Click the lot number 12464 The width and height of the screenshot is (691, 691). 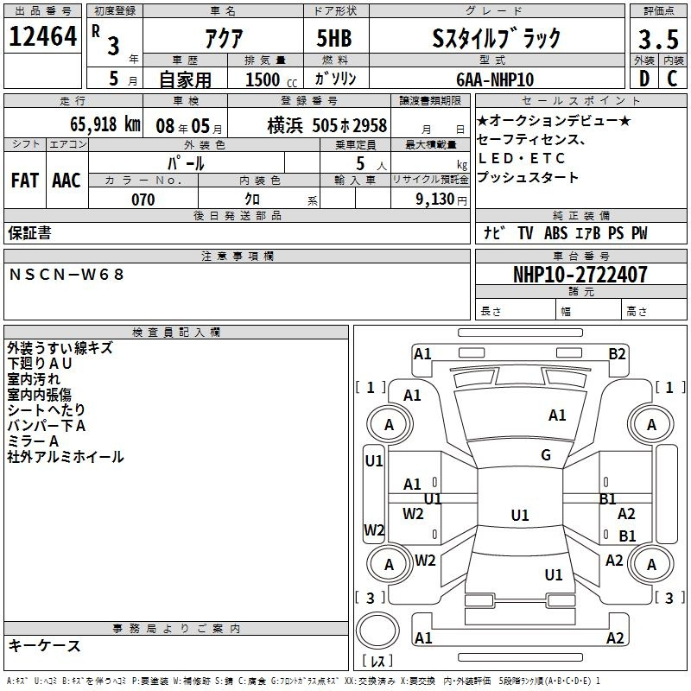click(43, 37)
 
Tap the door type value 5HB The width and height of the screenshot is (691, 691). click(333, 38)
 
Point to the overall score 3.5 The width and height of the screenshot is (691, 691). click(656, 40)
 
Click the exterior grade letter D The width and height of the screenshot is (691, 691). click(643, 79)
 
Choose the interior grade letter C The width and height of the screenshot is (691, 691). click(672, 79)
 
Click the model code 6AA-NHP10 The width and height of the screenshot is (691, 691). click(495, 79)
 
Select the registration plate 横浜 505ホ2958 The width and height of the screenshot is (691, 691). click(327, 125)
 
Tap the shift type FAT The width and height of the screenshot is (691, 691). click(25, 181)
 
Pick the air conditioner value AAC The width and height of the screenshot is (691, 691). click(67, 181)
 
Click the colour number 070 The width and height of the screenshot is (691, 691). click(143, 200)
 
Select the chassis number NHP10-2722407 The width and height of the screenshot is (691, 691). click(580, 275)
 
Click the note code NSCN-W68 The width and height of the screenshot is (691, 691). click(67, 274)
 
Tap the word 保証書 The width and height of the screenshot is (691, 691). click(29, 232)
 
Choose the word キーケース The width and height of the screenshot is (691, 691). click(44, 645)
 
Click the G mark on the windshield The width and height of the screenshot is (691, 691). click(546, 455)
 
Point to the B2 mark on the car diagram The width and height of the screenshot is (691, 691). click(616, 353)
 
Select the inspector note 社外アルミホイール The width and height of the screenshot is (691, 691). click(65, 457)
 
